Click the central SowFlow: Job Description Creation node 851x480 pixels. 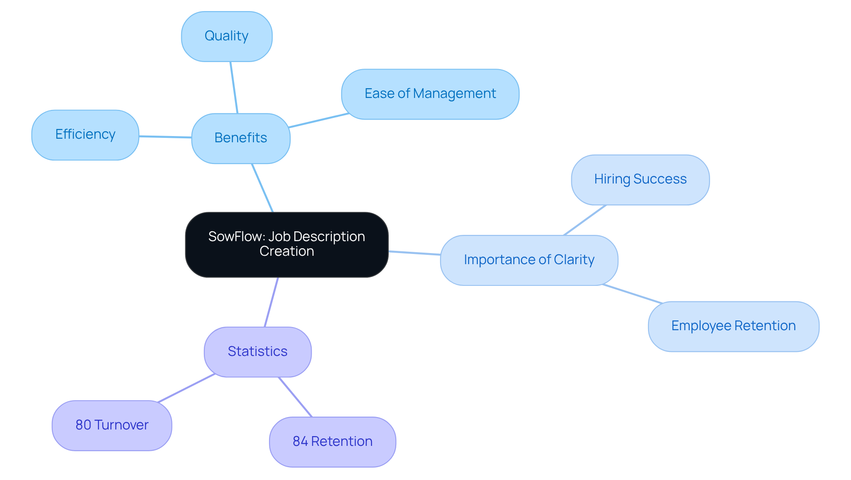pyautogui.click(x=287, y=245)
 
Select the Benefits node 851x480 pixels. pyautogui.click(x=241, y=138)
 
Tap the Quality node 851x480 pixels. pyautogui.click(x=226, y=36)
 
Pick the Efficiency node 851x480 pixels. pyautogui.click(x=85, y=135)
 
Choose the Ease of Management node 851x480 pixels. pyautogui.click(x=430, y=94)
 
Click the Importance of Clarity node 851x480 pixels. pyautogui.click(x=529, y=260)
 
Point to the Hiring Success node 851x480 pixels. pyautogui.click(x=640, y=180)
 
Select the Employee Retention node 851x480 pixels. pyautogui.click(x=733, y=326)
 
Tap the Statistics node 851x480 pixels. pyautogui.click(x=258, y=352)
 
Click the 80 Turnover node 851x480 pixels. pyautogui.click(x=112, y=425)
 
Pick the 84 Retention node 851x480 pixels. pyautogui.click(x=332, y=441)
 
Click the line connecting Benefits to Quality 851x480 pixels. pyautogui.click(x=234, y=87)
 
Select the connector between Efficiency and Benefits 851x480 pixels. pyautogui.click(x=165, y=137)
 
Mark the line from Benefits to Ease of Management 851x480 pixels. pyautogui.click(x=319, y=121)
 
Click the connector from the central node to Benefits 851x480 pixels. pyautogui.click(x=262, y=188)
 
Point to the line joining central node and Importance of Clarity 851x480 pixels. pyautogui.click(x=414, y=253)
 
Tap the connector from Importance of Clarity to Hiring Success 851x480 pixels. pyautogui.click(x=585, y=220)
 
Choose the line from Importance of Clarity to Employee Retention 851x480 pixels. pyautogui.click(x=632, y=294)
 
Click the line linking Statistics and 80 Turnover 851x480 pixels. pyautogui.click(x=186, y=388)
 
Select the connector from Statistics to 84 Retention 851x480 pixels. pyautogui.click(x=295, y=397)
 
